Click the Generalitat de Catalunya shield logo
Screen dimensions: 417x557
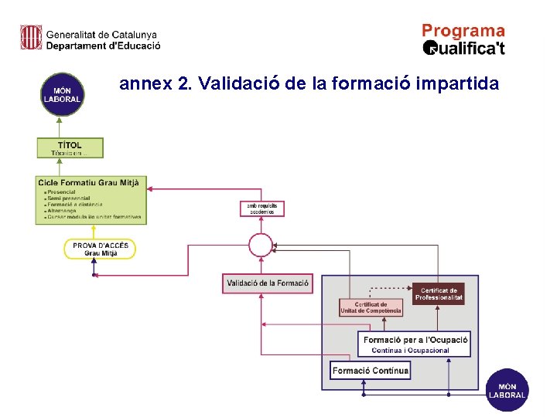[31, 37]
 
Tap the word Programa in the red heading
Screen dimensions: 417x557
[463, 31]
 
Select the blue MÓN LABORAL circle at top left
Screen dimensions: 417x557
[62, 94]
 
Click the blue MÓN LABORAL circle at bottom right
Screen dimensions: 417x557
[507, 390]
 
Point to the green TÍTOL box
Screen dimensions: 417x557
[70, 147]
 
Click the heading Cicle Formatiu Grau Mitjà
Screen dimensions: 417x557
[88, 182]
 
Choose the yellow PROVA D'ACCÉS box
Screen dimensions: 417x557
[100, 249]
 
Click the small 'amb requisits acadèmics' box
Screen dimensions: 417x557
[262, 208]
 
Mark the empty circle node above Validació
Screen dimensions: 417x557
[261, 246]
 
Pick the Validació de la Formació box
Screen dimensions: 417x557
[268, 283]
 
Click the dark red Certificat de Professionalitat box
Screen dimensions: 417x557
[439, 293]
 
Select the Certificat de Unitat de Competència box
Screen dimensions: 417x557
[371, 307]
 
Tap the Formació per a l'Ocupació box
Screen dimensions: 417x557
[416, 344]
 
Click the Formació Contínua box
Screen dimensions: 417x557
[370, 371]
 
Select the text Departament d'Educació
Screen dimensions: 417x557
[103, 46]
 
